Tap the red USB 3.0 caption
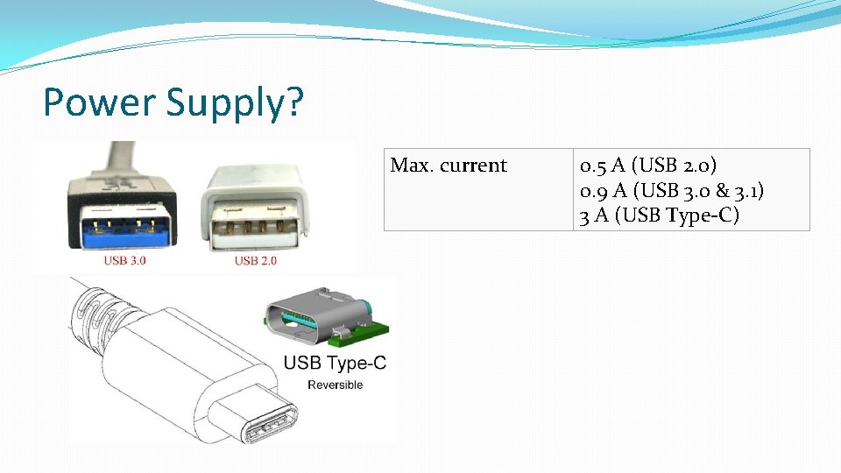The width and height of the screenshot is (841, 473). [125, 260]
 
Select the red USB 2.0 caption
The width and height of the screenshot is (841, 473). [255, 260]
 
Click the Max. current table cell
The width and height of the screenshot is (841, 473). [449, 166]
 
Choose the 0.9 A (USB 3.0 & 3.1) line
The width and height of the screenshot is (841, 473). [677, 190]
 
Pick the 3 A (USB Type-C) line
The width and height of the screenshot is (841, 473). [659, 215]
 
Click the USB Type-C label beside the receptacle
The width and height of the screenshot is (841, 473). [335, 363]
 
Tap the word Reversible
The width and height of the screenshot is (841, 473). [335, 385]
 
